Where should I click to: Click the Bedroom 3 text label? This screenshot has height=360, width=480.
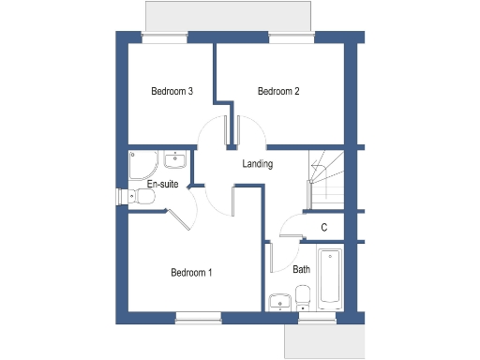[x=172, y=92]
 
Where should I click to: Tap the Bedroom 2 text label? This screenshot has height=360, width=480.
[x=278, y=92]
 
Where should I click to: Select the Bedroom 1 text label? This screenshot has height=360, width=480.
[x=191, y=273]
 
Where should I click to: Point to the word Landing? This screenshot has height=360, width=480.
[x=258, y=164]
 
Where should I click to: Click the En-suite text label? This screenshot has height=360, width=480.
[x=162, y=185]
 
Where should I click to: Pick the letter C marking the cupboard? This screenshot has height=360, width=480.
[x=324, y=227]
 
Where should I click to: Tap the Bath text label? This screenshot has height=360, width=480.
[x=301, y=269]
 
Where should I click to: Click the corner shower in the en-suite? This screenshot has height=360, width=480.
[x=142, y=166]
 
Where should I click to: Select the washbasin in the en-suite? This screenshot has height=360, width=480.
[x=175, y=159]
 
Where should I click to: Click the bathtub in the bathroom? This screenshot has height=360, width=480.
[x=331, y=277]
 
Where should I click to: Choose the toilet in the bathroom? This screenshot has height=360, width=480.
[x=303, y=298]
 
